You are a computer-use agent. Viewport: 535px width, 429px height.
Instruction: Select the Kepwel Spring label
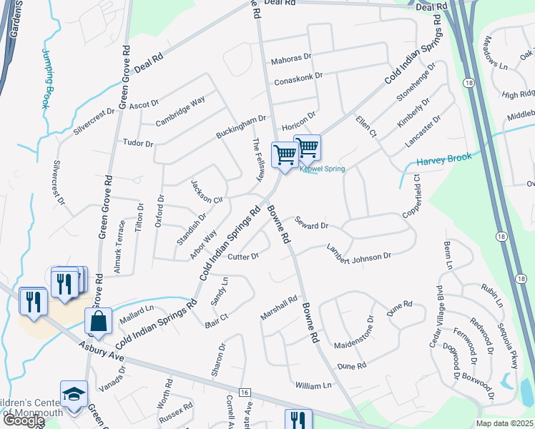322,169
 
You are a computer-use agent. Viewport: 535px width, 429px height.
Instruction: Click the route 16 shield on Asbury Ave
245,393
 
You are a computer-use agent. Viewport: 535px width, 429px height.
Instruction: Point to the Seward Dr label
310,225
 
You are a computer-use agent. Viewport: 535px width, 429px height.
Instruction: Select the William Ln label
314,385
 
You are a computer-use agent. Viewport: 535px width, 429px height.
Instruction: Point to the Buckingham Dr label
242,127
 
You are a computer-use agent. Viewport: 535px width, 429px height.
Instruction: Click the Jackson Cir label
207,192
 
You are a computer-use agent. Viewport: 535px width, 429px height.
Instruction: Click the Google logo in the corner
24,420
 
